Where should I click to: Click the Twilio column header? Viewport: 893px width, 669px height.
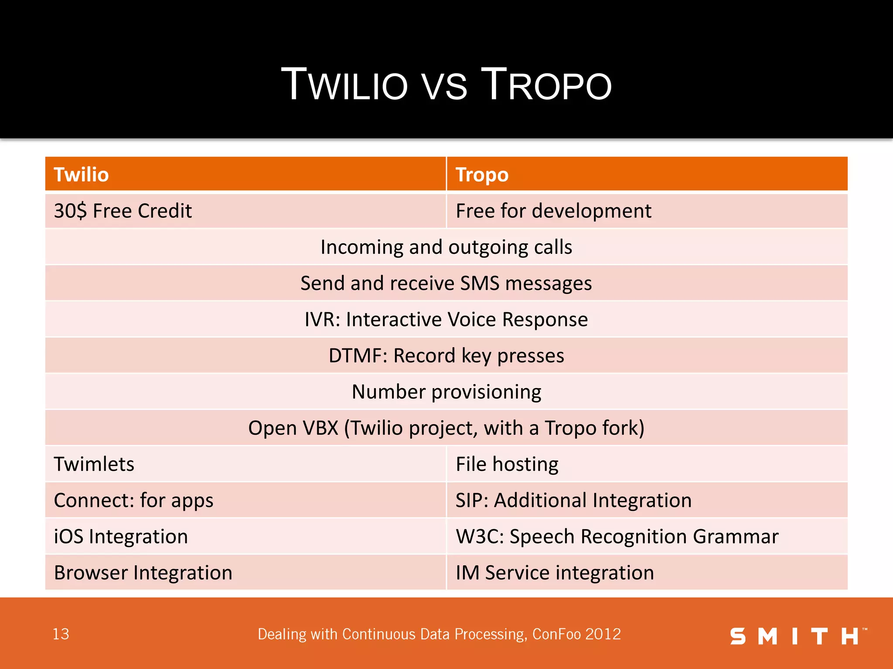(81, 175)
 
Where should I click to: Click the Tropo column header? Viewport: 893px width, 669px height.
(482, 175)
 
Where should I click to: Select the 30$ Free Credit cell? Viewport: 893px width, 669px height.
(123, 211)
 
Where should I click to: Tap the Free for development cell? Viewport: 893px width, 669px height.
(553, 211)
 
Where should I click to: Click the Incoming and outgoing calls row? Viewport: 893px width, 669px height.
(446, 247)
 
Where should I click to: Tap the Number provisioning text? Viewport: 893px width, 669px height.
(446, 392)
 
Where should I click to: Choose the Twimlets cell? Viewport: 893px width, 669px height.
(94, 464)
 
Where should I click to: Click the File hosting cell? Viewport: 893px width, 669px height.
(507, 464)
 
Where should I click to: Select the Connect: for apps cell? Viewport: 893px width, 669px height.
(133, 500)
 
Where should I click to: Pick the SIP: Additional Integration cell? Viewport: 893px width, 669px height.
(573, 500)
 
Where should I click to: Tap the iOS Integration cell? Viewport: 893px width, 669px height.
(121, 536)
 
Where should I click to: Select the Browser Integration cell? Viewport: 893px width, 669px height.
(143, 572)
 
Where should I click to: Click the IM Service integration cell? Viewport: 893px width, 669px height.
(555, 572)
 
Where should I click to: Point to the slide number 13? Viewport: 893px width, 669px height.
(61, 634)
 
